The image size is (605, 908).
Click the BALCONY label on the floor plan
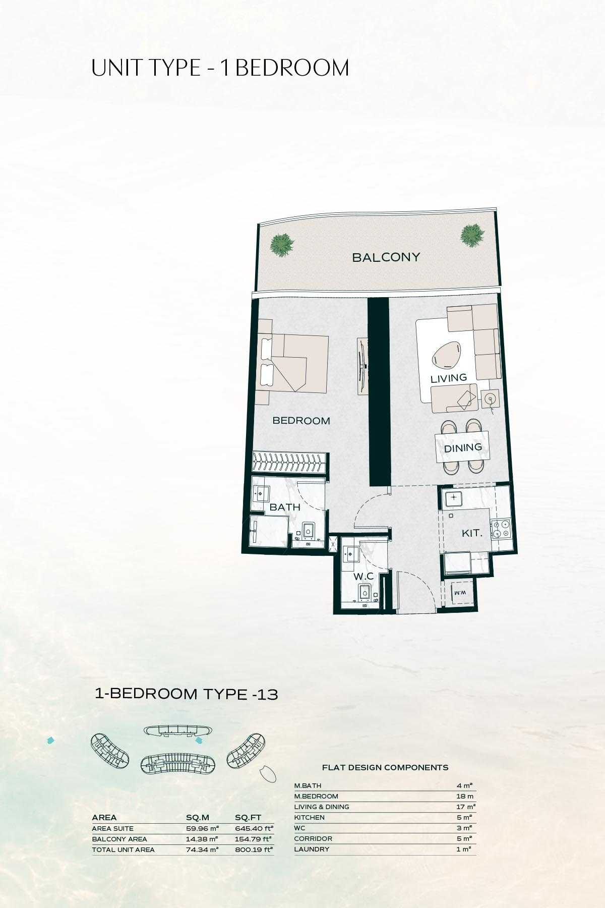click(x=386, y=257)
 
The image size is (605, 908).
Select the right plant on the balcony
click(x=472, y=235)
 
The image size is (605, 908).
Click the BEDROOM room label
click(x=301, y=421)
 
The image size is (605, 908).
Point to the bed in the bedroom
click(x=292, y=362)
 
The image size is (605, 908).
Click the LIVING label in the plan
click(x=449, y=378)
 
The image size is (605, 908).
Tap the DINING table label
click(x=463, y=447)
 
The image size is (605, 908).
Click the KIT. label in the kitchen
click(x=472, y=533)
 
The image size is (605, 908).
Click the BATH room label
click(x=285, y=507)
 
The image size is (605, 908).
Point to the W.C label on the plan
click(x=363, y=576)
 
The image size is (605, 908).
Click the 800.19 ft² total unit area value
click(x=254, y=849)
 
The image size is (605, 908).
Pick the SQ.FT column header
click(x=248, y=817)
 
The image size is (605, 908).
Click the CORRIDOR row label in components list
click(x=313, y=838)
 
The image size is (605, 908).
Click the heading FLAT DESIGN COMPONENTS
click(x=385, y=767)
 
